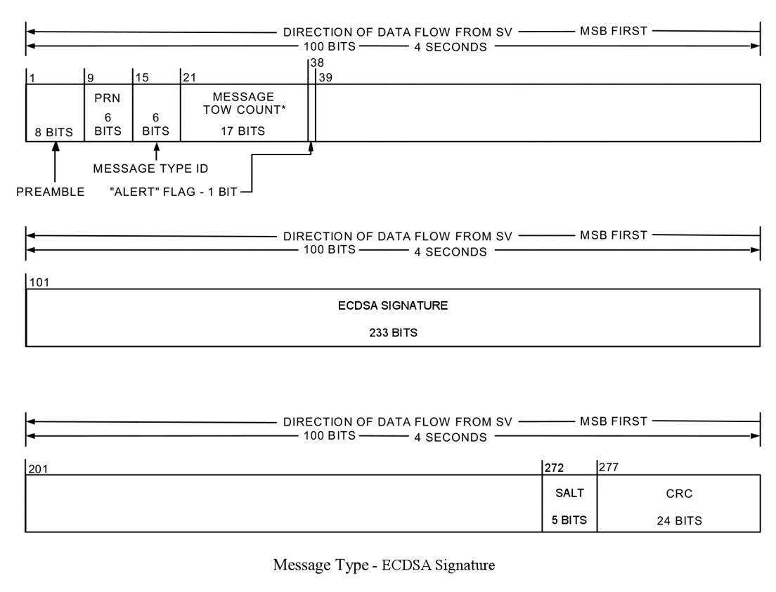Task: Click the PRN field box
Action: click(x=108, y=112)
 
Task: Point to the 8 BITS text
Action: click(x=54, y=131)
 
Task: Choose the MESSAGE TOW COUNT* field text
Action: click(x=244, y=103)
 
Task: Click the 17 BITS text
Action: click(x=244, y=131)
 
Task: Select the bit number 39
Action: click(x=325, y=77)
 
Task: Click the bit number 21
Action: click(x=188, y=77)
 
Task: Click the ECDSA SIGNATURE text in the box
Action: click(x=393, y=306)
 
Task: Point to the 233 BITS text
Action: click(x=393, y=333)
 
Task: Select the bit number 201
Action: click(x=38, y=468)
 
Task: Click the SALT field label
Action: click(x=569, y=494)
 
